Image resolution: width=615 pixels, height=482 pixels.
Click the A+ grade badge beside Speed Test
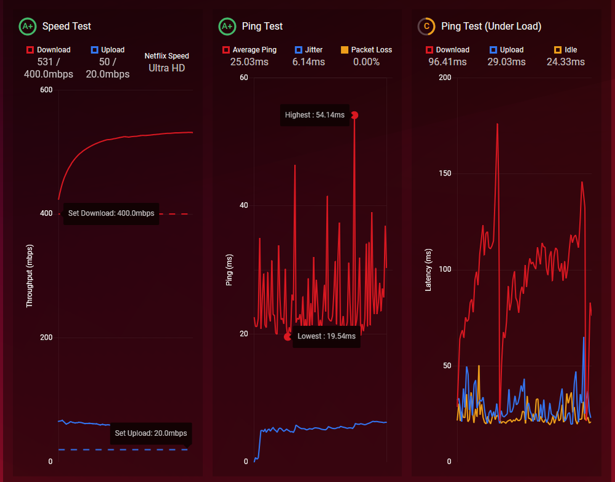point(27,27)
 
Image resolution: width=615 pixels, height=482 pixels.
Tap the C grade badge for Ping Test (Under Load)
point(426,27)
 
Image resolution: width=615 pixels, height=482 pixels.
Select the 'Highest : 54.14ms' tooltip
point(314,115)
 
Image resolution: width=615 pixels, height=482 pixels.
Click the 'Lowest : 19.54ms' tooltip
point(326,337)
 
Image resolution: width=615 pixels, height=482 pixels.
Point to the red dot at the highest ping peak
point(354,115)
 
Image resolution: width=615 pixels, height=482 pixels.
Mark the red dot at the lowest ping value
point(287,337)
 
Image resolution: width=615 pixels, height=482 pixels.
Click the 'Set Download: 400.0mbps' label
point(111,214)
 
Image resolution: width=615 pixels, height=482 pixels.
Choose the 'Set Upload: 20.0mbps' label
point(150,433)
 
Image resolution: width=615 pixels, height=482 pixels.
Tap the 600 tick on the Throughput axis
point(46,91)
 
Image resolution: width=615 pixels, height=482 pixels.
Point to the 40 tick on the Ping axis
point(244,206)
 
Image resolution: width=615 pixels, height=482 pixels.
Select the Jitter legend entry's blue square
point(299,50)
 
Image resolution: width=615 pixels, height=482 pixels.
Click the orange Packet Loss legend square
point(344,50)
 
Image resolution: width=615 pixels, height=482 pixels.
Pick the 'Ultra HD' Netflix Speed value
point(166,68)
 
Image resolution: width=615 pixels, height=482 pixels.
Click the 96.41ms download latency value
point(447,62)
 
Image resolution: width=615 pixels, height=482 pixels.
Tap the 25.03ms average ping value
point(249,62)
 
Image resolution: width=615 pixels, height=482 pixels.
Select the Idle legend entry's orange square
point(558,50)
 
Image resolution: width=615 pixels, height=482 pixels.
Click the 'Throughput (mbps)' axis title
point(29,276)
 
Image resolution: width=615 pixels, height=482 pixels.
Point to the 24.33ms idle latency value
point(566,62)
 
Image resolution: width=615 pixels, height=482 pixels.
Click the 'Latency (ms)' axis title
point(429,269)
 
